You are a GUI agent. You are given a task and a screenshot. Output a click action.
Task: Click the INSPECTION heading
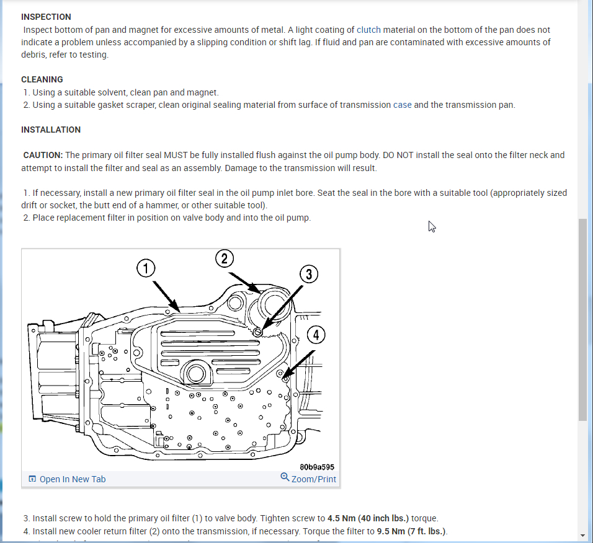(x=46, y=17)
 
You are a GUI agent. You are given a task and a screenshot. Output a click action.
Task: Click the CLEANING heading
(x=42, y=79)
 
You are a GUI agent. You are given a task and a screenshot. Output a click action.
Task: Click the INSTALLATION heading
(x=51, y=130)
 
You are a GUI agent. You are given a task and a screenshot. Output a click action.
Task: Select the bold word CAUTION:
(x=43, y=155)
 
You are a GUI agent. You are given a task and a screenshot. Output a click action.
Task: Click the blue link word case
(x=402, y=105)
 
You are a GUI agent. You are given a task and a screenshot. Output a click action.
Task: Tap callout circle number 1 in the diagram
(x=145, y=268)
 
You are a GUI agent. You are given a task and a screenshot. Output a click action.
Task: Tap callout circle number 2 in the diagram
(x=225, y=258)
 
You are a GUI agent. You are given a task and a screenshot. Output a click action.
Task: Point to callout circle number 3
(x=309, y=274)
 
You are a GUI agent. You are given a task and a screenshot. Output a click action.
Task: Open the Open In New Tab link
(x=72, y=479)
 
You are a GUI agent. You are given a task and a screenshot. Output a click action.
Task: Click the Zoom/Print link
(x=313, y=479)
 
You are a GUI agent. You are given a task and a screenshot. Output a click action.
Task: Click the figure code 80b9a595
(x=317, y=467)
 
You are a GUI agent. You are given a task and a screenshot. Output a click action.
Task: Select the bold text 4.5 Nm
(x=345, y=518)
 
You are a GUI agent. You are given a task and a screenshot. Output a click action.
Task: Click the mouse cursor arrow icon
(x=432, y=226)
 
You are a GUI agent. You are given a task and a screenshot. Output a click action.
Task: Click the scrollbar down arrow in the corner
(x=582, y=535)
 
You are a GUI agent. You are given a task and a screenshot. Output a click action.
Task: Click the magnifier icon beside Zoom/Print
(x=285, y=477)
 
